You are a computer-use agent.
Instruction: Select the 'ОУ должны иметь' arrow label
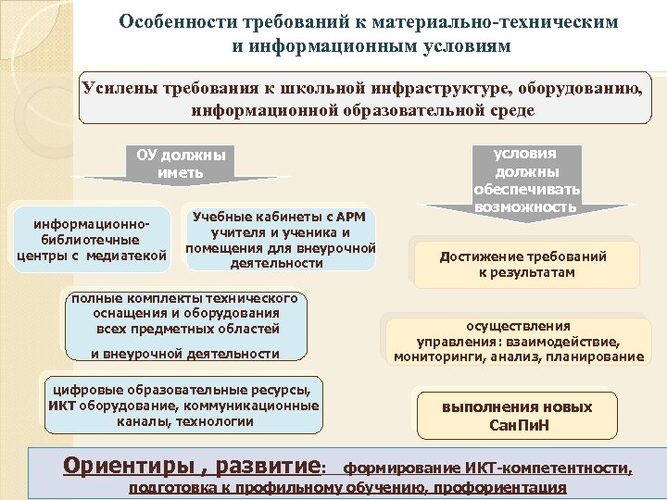coord(181,163)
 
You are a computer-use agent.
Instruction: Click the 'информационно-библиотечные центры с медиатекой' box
coord(92,240)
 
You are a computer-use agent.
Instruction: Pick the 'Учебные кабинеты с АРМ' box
coord(280,239)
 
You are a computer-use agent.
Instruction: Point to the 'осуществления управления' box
coord(518,341)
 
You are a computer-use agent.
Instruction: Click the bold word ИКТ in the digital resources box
coord(62,406)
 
